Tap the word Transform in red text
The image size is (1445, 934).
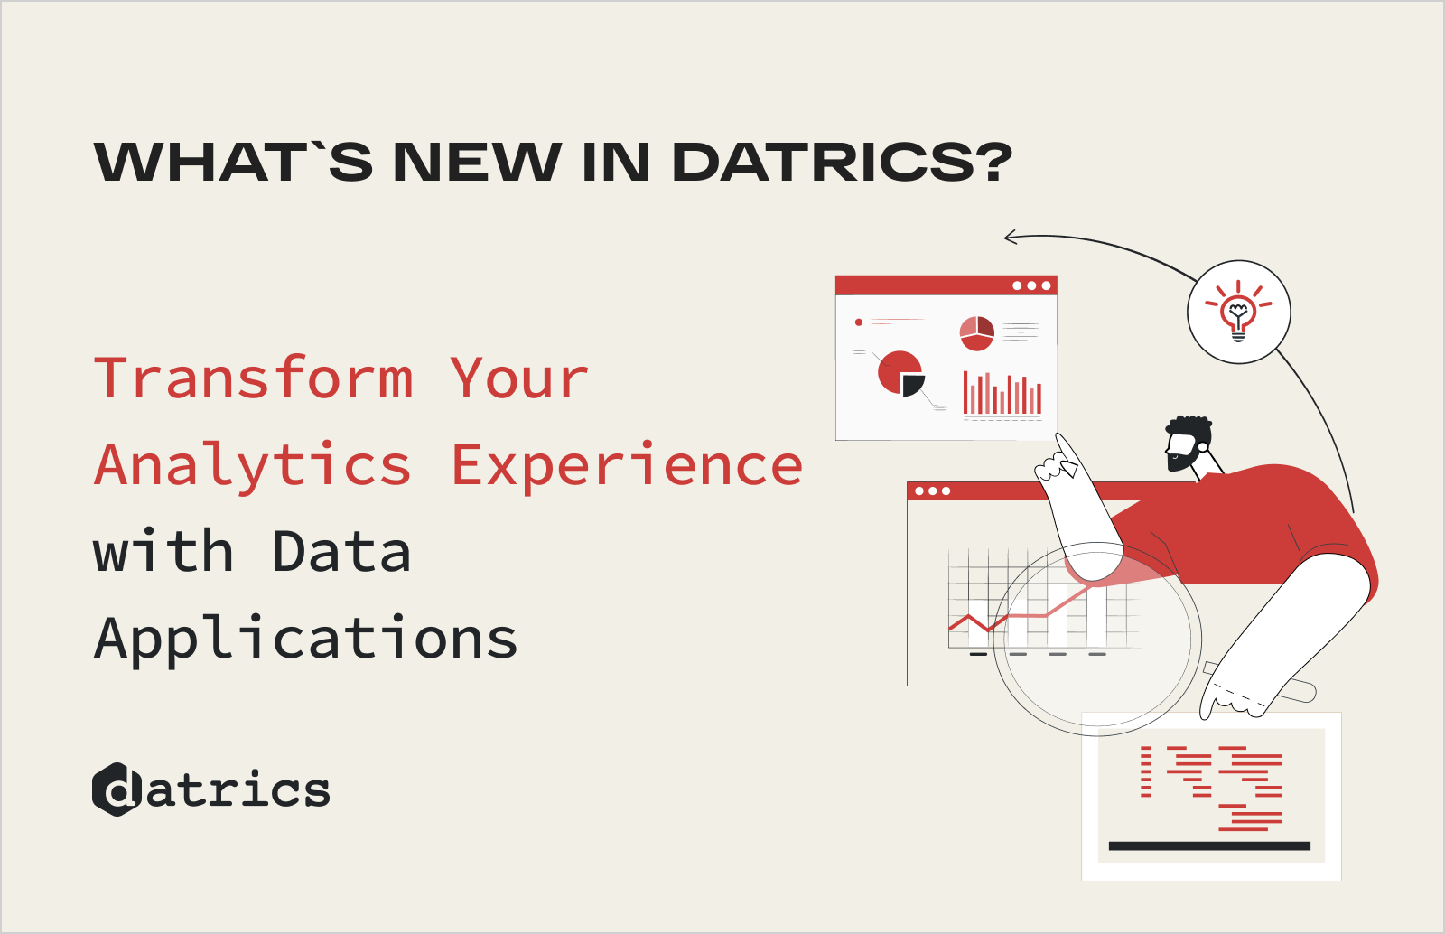[x=254, y=378]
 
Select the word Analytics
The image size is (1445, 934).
[x=254, y=466]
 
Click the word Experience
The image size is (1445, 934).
[x=627, y=466]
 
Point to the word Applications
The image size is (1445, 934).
[x=306, y=640]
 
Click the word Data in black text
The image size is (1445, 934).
[x=341, y=552]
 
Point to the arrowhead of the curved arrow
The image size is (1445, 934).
[x=1011, y=238]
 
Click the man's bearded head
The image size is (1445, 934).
[x=1187, y=443]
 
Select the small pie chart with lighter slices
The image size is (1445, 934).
[x=976, y=333]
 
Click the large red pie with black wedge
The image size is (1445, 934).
[x=901, y=373]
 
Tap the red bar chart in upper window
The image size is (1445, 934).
[x=1002, y=395]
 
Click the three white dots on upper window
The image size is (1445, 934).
[x=1031, y=286]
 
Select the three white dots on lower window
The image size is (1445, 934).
[x=932, y=491]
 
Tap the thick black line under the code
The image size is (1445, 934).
[x=1209, y=846]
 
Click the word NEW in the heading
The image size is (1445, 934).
[x=477, y=163]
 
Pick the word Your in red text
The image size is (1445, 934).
[x=519, y=378]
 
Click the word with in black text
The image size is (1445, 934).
[x=163, y=552]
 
